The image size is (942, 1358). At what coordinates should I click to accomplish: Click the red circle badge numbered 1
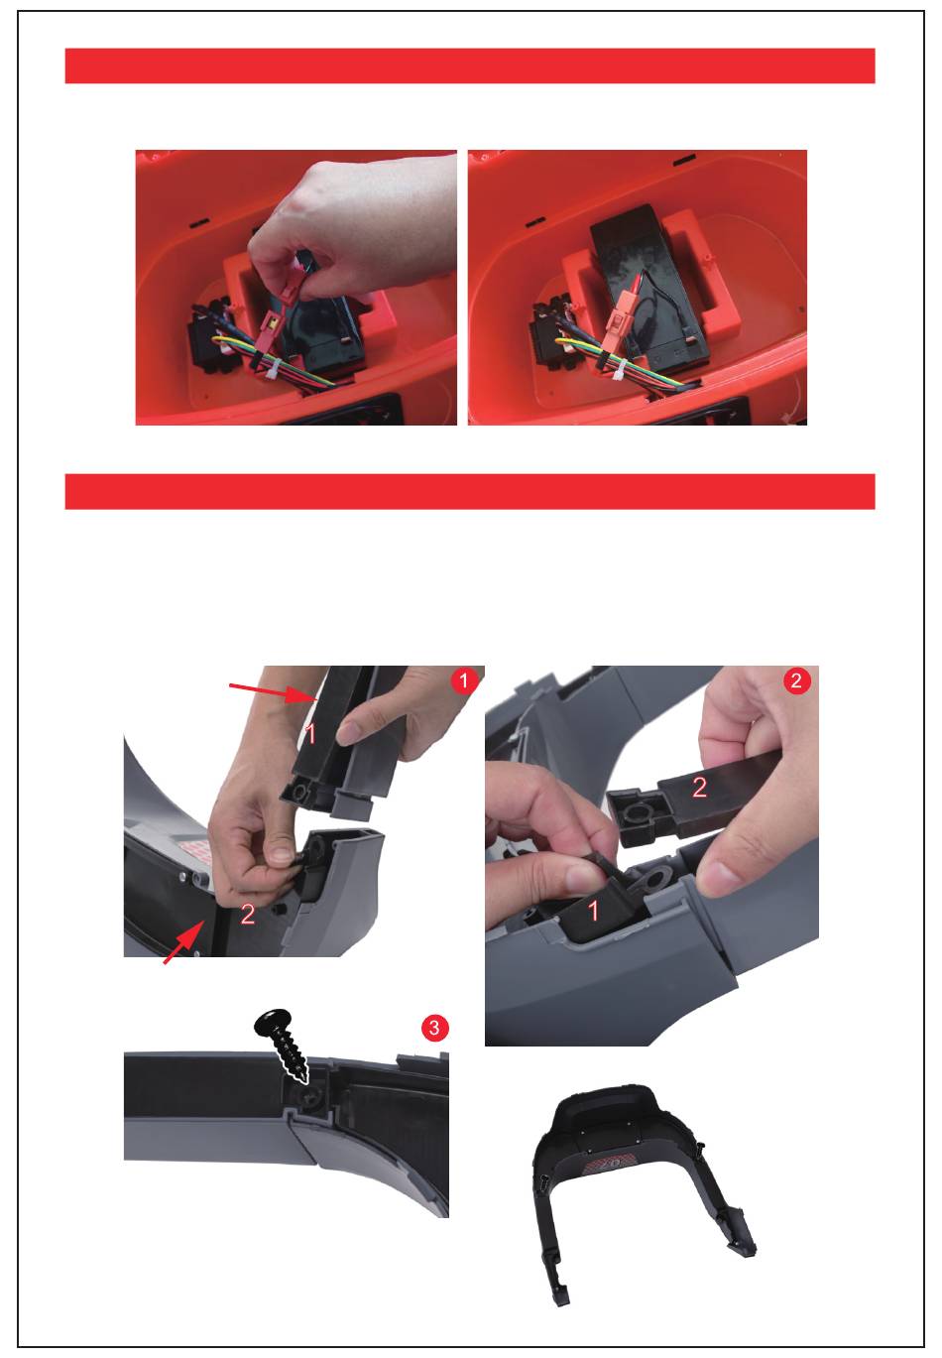(x=464, y=680)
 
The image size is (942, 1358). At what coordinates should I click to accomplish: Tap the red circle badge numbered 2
(x=796, y=680)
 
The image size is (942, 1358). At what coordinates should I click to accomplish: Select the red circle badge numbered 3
(x=434, y=1028)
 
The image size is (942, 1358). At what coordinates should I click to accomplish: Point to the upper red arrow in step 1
(x=274, y=692)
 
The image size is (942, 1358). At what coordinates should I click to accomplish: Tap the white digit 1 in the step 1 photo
(x=309, y=734)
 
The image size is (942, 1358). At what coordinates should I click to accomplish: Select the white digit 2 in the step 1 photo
(x=247, y=915)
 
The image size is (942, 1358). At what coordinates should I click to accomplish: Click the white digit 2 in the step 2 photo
(x=699, y=788)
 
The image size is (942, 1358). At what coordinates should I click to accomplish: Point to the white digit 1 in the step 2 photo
(x=593, y=910)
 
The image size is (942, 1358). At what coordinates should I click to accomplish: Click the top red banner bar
(x=470, y=65)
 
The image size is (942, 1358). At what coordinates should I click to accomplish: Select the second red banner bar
(x=470, y=492)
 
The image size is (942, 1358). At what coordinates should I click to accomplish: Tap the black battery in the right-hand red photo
(x=648, y=285)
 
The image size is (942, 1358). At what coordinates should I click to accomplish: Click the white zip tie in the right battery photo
(x=618, y=368)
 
